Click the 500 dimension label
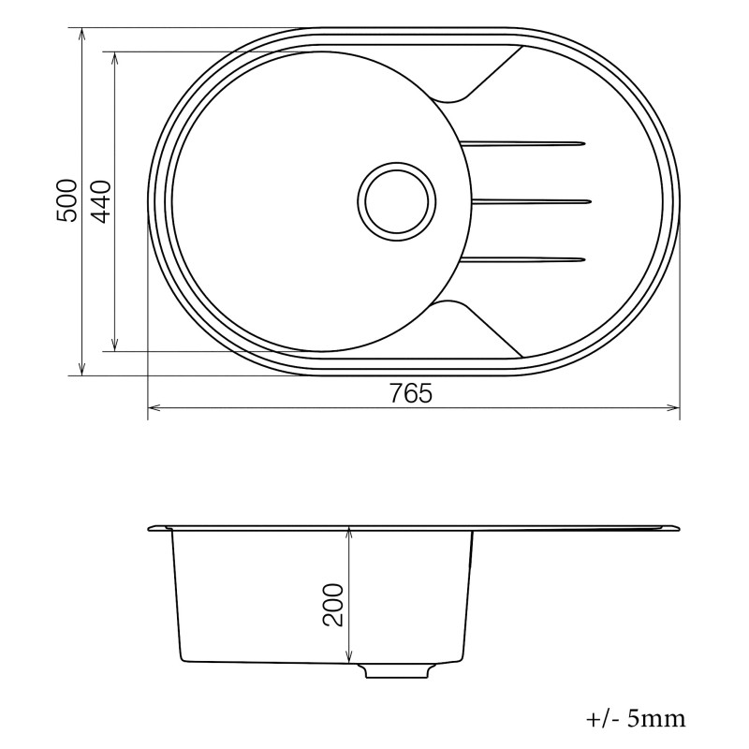[66, 200]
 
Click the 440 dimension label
[100, 202]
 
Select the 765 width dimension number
[411, 393]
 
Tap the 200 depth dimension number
[333, 605]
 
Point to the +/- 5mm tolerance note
[636, 718]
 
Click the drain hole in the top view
[397, 201]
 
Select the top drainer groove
[522, 143]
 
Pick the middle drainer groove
[532, 201]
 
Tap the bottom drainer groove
[522, 260]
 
